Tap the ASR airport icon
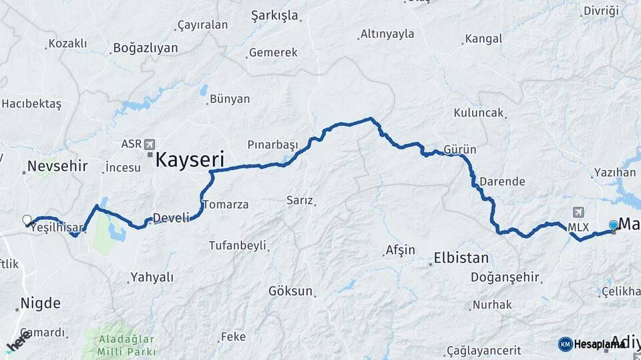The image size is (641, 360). (x=148, y=144)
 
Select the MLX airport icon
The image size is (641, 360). (x=578, y=212)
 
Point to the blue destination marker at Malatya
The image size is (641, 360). (x=614, y=226)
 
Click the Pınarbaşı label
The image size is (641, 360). (x=272, y=145)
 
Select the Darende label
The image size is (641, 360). (x=502, y=181)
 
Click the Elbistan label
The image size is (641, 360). (x=461, y=258)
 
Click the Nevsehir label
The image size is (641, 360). (x=58, y=166)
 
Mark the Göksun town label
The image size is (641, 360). (x=290, y=291)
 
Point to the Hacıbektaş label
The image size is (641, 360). (x=31, y=103)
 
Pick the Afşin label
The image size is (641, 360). (x=400, y=251)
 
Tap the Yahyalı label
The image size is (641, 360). (x=152, y=277)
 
